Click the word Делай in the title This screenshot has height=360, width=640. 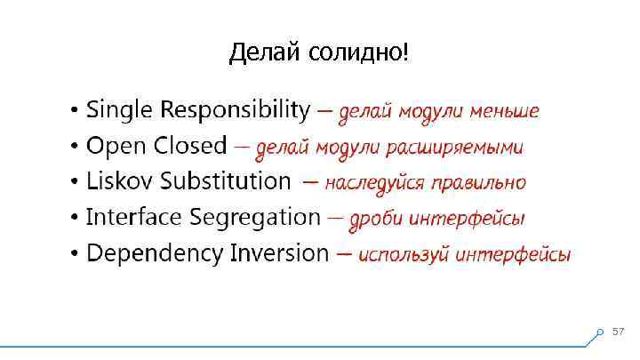coord(264,54)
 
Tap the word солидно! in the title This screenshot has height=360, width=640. coord(359,54)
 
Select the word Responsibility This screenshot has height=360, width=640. coord(235,111)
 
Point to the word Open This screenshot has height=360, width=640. coord(116,147)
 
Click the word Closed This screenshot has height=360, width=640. coord(189,147)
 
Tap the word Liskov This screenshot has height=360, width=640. coord(119,182)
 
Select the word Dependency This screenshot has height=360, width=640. coord(156,253)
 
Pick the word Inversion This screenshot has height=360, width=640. coord(279,253)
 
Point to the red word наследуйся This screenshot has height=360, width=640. coord(375,183)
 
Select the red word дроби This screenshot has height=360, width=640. coord(372,219)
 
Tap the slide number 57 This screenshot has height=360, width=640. coord(619,332)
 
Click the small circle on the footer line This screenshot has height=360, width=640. coord(600,334)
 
